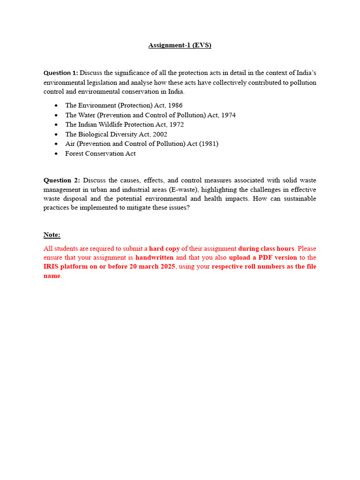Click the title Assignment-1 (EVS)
[x=180, y=45]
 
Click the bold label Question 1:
[x=61, y=73]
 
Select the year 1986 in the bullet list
[x=174, y=105]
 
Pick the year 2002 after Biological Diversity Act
[x=158, y=134]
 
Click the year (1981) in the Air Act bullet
[x=209, y=143]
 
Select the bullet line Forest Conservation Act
[x=100, y=153]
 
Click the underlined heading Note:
[x=52, y=234]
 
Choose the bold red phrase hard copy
[x=165, y=248]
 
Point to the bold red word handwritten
[x=154, y=257]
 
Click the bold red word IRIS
[x=52, y=267]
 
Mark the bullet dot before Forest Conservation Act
[x=56, y=154]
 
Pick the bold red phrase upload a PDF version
[x=263, y=257]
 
